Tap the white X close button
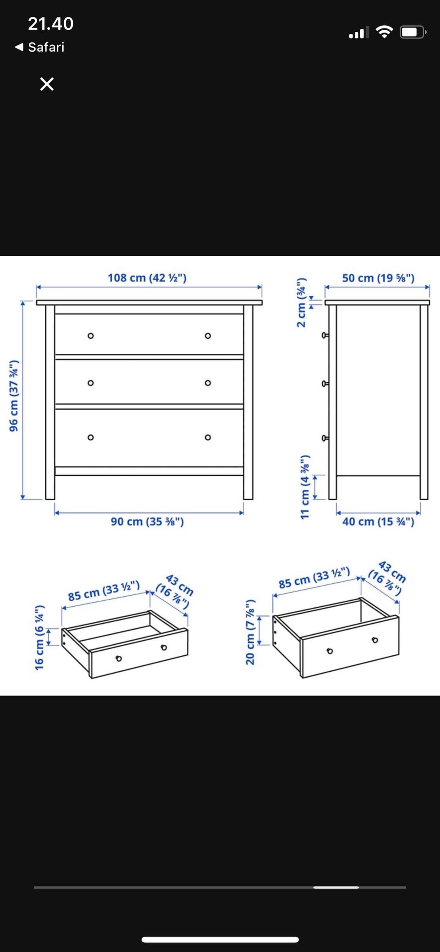click(x=47, y=84)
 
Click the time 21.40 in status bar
click(x=50, y=24)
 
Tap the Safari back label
click(x=46, y=47)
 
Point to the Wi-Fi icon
click(x=384, y=32)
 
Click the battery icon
click(x=413, y=32)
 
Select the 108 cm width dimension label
click(x=147, y=278)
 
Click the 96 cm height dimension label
click(x=14, y=396)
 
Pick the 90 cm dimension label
click(x=147, y=522)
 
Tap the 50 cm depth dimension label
click(x=378, y=278)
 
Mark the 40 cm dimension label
click(x=378, y=522)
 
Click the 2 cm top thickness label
click(x=301, y=302)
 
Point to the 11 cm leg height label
click(x=305, y=487)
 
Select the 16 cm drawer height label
click(x=40, y=637)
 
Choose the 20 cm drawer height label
click(x=250, y=632)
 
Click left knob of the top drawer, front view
click(x=91, y=336)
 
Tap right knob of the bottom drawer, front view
click(x=208, y=437)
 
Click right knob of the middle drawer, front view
click(x=208, y=383)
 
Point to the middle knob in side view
click(x=325, y=384)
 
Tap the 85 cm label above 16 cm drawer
click(x=104, y=591)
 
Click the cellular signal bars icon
click(x=359, y=33)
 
